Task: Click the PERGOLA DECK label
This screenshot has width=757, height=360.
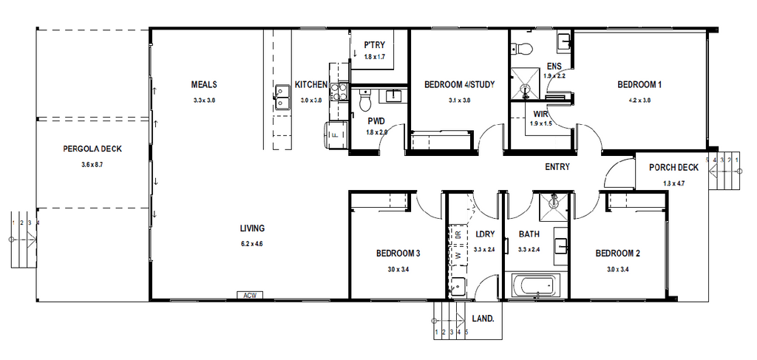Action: [x=92, y=149]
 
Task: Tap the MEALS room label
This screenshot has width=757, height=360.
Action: [x=203, y=84]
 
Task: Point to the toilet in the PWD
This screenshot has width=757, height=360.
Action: [x=364, y=98]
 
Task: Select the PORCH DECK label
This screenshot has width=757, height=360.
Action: [x=673, y=167]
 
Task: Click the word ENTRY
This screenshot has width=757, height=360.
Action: [x=557, y=167]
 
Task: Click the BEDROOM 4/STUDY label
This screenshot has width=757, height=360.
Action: [x=459, y=84]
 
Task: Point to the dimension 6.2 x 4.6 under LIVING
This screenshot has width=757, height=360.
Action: [x=252, y=243]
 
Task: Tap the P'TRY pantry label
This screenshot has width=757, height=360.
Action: [x=374, y=44]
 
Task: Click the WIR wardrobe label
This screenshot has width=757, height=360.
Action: [x=540, y=114]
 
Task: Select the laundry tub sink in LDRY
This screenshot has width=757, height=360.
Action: [x=458, y=285]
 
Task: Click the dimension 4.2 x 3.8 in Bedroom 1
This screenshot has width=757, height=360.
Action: [x=639, y=100]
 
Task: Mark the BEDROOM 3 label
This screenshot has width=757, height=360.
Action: [x=398, y=254]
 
